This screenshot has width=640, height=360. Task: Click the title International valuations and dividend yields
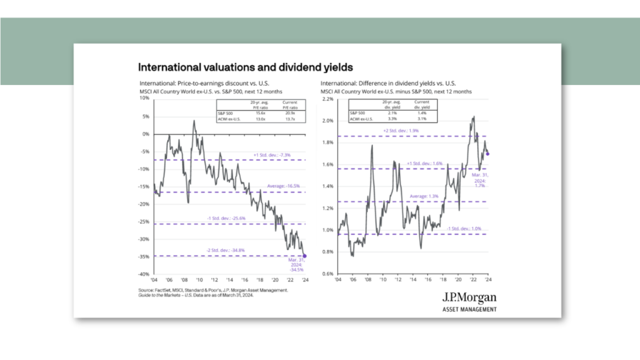(246, 67)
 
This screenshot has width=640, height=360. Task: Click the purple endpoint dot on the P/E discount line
(304, 255)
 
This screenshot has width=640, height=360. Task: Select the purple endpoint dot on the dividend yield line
(487, 154)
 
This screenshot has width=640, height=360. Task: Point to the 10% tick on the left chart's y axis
(144, 98)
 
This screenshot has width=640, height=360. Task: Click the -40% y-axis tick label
(143, 274)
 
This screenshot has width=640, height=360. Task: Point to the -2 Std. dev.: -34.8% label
(231, 251)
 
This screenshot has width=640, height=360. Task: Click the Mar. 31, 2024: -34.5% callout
(296, 267)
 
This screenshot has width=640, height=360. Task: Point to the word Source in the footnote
(147, 291)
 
